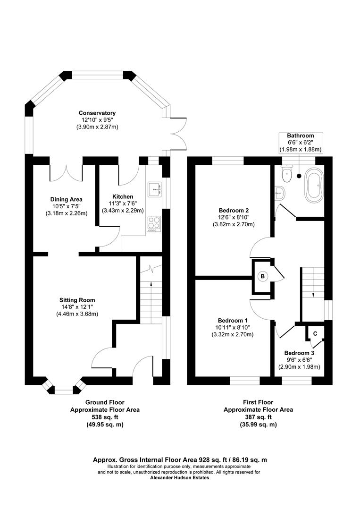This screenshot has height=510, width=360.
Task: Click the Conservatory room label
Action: coord(97,113)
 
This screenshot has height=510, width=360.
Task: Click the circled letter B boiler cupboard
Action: coord(262,276)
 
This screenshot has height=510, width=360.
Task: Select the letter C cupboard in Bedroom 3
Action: coord(315,333)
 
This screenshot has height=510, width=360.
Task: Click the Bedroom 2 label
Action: coord(234,210)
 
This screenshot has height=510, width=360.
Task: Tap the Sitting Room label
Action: coord(77,300)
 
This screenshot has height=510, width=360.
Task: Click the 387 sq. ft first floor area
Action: coord(258,417)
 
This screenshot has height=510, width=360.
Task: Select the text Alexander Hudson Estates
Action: coord(179,477)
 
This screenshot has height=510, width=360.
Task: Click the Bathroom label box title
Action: coord(301,136)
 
